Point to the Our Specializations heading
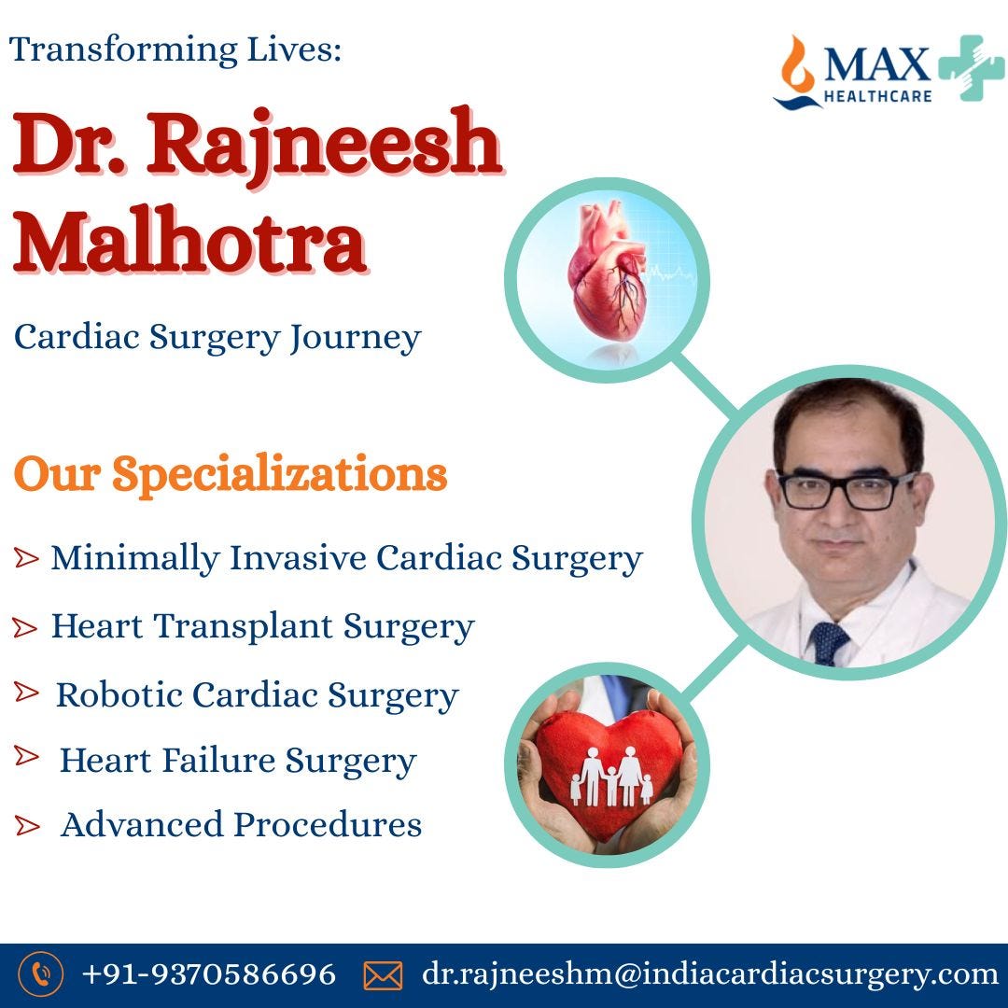(x=231, y=474)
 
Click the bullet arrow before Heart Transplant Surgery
(x=26, y=628)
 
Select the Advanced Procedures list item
(x=241, y=825)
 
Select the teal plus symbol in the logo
(x=971, y=68)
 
